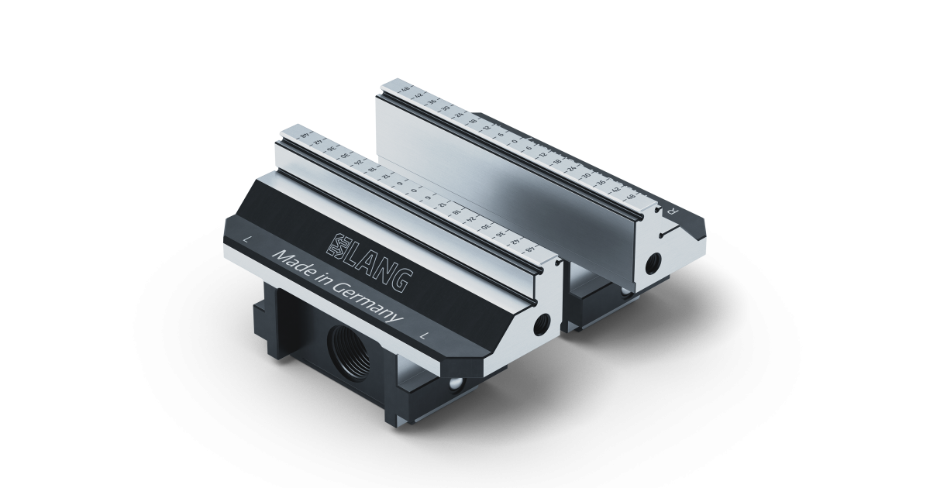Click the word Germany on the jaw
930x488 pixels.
point(364,303)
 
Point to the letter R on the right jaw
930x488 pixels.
point(673,210)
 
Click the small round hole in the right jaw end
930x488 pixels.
point(653,260)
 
